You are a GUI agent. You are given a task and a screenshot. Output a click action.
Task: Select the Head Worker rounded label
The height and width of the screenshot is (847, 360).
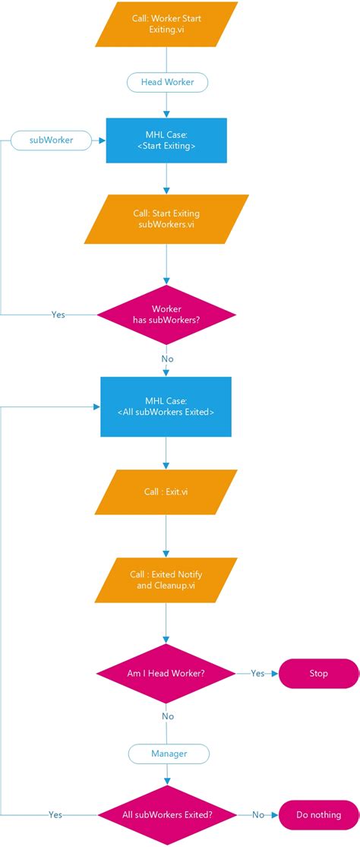pyautogui.click(x=166, y=82)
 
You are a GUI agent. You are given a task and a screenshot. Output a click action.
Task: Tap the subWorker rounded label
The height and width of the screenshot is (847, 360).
pyautogui.click(x=50, y=140)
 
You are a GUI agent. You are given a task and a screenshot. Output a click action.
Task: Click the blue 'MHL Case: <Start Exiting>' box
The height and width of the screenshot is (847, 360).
pyautogui.click(x=166, y=140)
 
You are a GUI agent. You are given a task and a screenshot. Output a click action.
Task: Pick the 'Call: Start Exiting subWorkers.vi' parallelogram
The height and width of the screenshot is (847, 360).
pyautogui.click(x=166, y=219)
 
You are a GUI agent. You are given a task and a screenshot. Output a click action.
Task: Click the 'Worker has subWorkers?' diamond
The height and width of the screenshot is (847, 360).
pyautogui.click(x=166, y=314)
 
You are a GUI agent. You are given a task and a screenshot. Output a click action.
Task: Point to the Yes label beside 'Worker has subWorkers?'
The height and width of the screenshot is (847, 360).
pyautogui.click(x=58, y=314)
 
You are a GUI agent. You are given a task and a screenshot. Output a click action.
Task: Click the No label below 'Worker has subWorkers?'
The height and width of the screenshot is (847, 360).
pyautogui.click(x=166, y=359)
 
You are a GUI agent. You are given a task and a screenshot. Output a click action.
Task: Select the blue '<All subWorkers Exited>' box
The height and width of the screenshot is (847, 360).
pyautogui.click(x=166, y=406)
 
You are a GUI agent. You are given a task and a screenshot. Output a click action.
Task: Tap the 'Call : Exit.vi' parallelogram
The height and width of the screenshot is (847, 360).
pyautogui.click(x=166, y=491)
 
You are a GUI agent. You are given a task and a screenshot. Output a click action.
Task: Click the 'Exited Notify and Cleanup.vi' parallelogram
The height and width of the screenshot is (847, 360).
pyautogui.click(x=166, y=580)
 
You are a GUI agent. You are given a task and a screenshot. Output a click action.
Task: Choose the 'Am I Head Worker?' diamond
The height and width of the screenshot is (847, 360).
pyautogui.click(x=166, y=673)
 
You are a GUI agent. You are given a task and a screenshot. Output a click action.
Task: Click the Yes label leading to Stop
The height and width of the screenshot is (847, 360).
pyautogui.click(x=257, y=673)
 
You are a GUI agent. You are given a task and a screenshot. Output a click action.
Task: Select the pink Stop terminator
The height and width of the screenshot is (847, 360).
pyautogui.click(x=318, y=673)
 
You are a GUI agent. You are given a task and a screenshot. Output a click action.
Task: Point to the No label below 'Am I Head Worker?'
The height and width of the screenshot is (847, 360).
pyautogui.click(x=167, y=716)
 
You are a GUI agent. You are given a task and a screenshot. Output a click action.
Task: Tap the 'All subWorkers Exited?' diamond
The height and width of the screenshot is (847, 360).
pyautogui.click(x=167, y=814)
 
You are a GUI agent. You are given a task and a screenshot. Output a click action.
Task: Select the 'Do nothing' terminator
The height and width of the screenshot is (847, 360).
pyautogui.click(x=318, y=814)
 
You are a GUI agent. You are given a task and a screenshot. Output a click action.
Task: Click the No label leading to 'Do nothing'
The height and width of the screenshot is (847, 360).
pyautogui.click(x=258, y=814)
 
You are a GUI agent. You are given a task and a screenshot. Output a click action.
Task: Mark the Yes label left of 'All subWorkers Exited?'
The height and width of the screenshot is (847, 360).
pyautogui.click(x=55, y=814)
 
